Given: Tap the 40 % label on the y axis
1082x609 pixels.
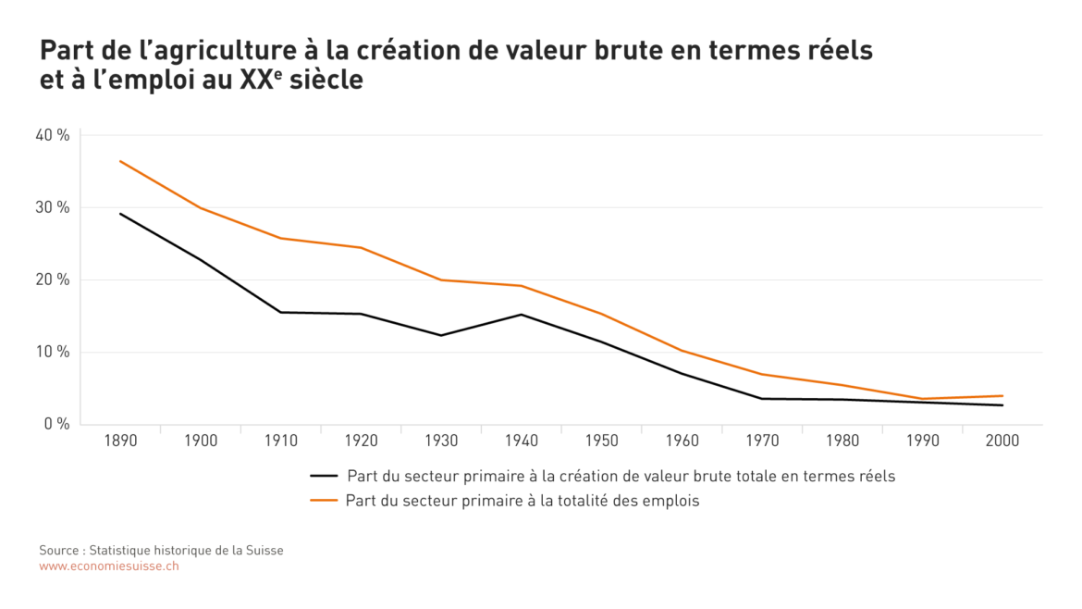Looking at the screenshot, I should (x=53, y=135).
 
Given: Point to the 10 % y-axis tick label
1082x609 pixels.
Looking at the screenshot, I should (x=53, y=352).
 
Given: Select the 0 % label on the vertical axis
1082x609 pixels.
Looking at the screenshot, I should (x=56, y=424).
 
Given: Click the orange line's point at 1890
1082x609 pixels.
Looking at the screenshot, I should (x=120, y=161).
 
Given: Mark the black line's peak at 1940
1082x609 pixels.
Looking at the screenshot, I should (x=522, y=315).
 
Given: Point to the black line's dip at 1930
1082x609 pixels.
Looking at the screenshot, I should (x=441, y=335).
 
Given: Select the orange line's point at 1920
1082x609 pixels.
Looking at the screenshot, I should (x=361, y=247).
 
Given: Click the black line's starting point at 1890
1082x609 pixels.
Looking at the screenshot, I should (x=120, y=214).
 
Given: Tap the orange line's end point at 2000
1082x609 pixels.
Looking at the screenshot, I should (x=1002, y=396).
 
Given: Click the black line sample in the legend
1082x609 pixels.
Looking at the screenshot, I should (x=324, y=477).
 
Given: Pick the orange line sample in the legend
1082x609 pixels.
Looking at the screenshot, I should (x=324, y=501).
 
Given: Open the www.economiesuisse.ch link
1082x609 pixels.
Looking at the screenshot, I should (x=109, y=565).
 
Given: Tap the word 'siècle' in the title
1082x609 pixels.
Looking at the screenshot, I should (x=326, y=81).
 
